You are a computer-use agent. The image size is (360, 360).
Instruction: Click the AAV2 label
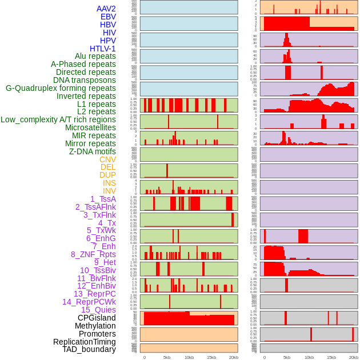pyautogui.click(x=106, y=9)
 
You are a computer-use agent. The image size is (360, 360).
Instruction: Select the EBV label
pyautogui.click(x=108, y=17)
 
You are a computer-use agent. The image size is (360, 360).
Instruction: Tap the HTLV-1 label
pyautogui.click(x=103, y=49)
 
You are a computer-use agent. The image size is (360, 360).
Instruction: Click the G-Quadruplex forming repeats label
pyautogui.click(x=61, y=88)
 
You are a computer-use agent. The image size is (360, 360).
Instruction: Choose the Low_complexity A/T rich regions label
pyautogui.click(x=58, y=119)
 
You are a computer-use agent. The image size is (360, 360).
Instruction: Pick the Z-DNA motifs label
pyautogui.click(x=93, y=151)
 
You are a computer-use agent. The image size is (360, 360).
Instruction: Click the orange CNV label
pyautogui.click(x=107, y=159)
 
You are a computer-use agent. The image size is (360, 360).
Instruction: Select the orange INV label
pyautogui.click(x=109, y=191)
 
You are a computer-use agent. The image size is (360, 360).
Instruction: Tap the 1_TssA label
pyautogui.click(x=103, y=199)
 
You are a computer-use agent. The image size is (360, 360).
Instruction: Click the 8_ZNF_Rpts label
pyautogui.click(x=93, y=254)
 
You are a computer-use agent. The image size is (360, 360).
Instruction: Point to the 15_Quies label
pyautogui.click(x=98, y=310)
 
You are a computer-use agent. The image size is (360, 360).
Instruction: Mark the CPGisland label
pyautogui.click(x=97, y=318)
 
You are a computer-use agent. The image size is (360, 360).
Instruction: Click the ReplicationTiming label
pyautogui.click(x=85, y=342)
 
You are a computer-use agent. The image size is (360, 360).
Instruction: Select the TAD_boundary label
pyautogui.click(x=89, y=349)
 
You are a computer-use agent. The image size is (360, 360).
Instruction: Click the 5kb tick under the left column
pyautogui.click(x=167, y=357)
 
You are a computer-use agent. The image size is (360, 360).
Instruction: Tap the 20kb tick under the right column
pyautogui.click(x=354, y=357)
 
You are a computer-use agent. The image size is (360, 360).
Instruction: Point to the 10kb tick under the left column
pyautogui.click(x=189, y=357)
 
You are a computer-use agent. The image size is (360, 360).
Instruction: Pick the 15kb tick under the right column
pyautogui.click(x=331, y=357)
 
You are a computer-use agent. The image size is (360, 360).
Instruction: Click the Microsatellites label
pyautogui.click(x=90, y=127)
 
